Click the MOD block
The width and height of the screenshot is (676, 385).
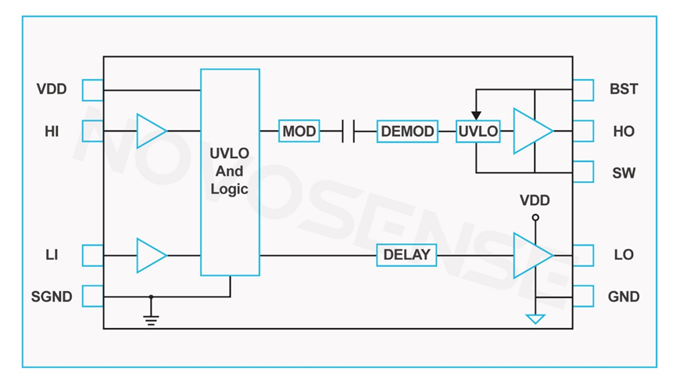pyautogui.click(x=299, y=131)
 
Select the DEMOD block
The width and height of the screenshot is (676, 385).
pyautogui.click(x=406, y=131)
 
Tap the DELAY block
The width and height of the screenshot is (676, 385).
pyautogui.click(x=406, y=255)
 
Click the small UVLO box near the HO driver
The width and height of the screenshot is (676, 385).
pyautogui.click(x=477, y=131)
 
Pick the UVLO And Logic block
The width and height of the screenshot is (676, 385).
pyautogui.click(x=230, y=172)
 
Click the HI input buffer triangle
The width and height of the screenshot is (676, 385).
pyautogui.click(x=151, y=131)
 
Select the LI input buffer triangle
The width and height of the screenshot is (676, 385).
pyautogui.click(x=151, y=255)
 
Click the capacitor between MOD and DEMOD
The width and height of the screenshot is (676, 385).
pyautogui.click(x=348, y=131)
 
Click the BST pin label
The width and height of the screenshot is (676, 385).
pyautogui.click(x=624, y=89)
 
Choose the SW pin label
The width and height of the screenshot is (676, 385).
pyautogui.click(x=624, y=173)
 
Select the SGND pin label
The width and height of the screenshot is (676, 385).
pyautogui.click(x=52, y=297)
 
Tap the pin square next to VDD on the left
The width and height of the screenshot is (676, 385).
pyautogui.click(x=92, y=89)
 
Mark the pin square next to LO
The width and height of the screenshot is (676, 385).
pyautogui.click(x=584, y=255)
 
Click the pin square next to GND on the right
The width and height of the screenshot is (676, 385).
pyautogui.click(x=584, y=297)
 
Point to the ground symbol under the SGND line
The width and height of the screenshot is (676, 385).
pyautogui.click(x=151, y=318)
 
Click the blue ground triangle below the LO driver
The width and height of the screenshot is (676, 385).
pyautogui.click(x=535, y=318)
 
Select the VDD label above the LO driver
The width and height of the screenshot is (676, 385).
pyautogui.click(x=535, y=201)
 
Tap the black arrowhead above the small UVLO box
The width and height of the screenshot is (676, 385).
pyautogui.click(x=477, y=116)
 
